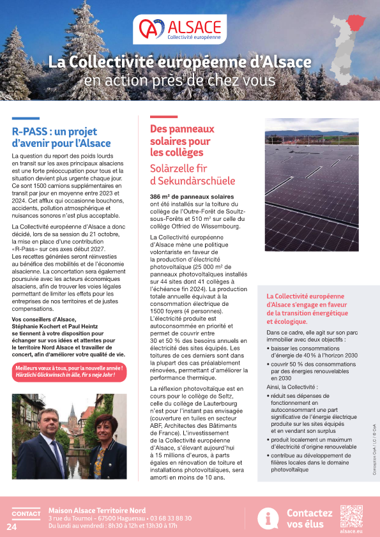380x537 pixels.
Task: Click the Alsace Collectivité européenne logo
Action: pos(181,30)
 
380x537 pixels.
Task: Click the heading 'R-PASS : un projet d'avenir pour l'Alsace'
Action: pos(61,137)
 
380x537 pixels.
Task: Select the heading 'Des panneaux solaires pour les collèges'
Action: pos(180,140)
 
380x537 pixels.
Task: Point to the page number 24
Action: pos(11,527)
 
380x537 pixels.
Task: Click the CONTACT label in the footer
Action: pos(26,514)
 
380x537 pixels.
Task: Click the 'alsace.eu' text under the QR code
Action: pos(351,531)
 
